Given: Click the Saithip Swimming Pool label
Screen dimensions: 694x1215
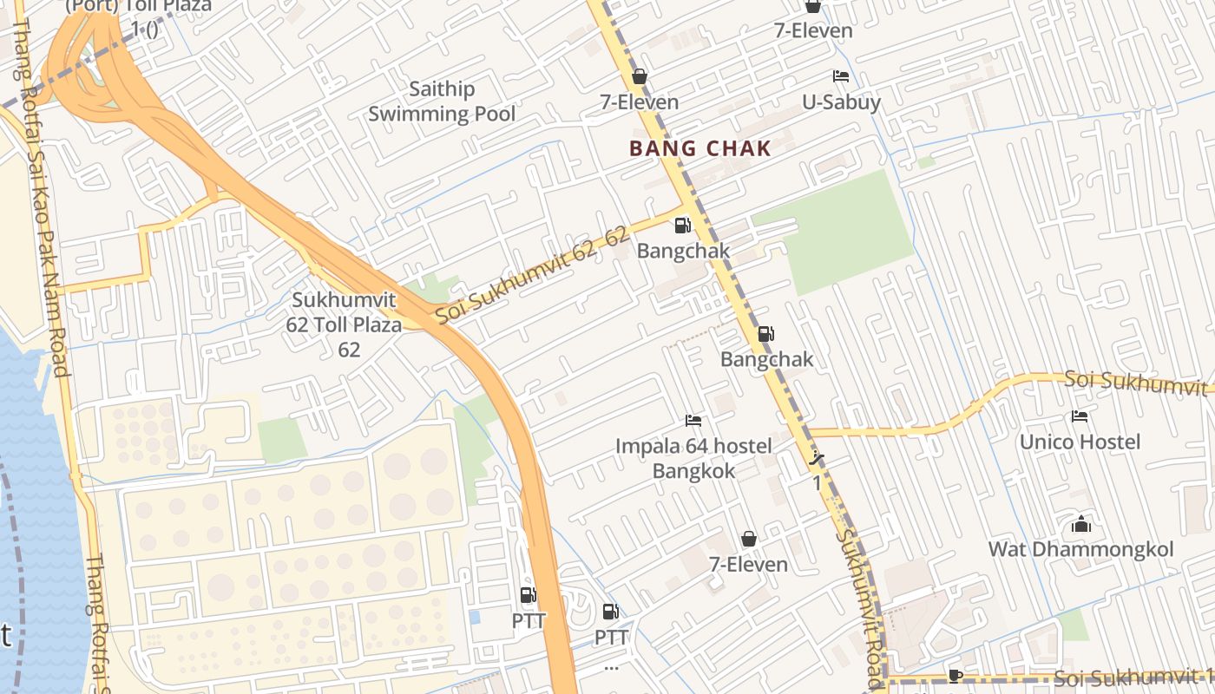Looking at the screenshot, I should (442, 101).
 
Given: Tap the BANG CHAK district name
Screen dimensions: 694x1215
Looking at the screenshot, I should (699, 148).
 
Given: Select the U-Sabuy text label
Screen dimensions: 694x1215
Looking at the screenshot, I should (841, 102).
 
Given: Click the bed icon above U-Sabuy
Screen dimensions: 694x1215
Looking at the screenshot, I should (840, 76).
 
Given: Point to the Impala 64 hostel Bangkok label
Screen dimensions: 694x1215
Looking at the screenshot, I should (693, 458).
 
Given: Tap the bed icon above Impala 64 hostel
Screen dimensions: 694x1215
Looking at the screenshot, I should (693, 421).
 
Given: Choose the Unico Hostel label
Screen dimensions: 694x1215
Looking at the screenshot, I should (1080, 442).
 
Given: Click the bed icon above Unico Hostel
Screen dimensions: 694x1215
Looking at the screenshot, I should (1080, 416).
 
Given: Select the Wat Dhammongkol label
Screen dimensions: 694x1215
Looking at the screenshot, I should (1080, 549).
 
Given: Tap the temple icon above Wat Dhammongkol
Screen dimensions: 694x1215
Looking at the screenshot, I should (1080, 524).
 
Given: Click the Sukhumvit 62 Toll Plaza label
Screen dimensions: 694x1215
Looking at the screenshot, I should (345, 324).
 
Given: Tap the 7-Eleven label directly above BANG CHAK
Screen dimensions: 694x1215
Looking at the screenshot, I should (640, 102).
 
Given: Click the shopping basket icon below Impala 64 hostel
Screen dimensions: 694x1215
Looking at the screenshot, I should (748, 539).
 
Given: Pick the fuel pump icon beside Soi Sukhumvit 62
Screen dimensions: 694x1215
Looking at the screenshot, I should (683, 226).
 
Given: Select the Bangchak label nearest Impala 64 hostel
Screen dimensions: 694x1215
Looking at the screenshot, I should (766, 359).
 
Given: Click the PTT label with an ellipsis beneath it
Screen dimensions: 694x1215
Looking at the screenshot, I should (611, 638).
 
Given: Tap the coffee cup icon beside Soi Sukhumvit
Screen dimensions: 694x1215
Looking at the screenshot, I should (956, 675).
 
